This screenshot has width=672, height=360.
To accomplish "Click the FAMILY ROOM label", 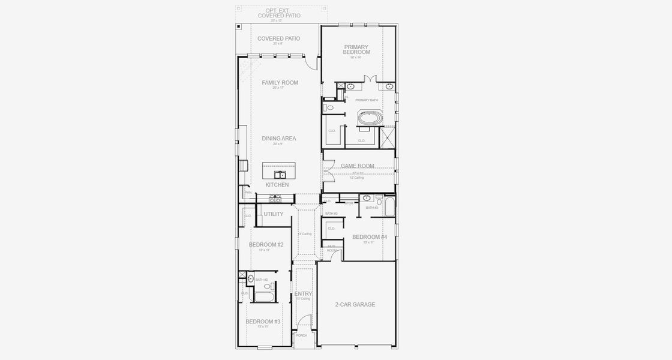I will click(x=280, y=83).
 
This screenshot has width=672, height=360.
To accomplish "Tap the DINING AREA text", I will click(x=279, y=139).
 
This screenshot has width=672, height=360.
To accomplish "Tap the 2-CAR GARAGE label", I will click(x=355, y=305).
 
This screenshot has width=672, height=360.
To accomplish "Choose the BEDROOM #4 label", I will click(x=370, y=237).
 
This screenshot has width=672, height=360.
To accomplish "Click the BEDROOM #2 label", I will click(x=266, y=245).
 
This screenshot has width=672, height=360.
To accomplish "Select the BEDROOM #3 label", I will click(x=263, y=322).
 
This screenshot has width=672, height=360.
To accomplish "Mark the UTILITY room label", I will click(x=274, y=214).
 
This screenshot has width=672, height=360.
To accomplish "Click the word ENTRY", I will click(x=303, y=293).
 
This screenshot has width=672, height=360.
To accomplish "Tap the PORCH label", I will click(x=301, y=335).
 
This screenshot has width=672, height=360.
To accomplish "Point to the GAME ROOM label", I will click(x=358, y=166).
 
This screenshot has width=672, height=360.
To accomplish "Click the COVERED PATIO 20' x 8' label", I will click(x=278, y=39).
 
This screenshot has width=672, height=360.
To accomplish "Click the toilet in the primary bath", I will click(x=329, y=109).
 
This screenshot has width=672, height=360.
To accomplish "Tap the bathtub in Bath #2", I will click(x=264, y=296).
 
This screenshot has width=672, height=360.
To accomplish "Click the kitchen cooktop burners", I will click(x=275, y=199).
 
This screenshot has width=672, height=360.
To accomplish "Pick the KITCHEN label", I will click(x=277, y=185).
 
